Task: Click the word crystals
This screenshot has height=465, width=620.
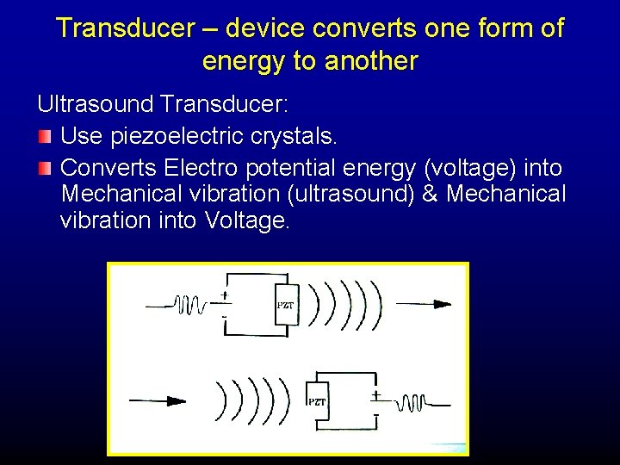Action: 301,136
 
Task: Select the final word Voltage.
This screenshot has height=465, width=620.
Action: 250,221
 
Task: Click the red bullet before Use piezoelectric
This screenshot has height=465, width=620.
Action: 45,137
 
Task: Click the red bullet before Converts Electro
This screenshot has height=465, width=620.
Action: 45,167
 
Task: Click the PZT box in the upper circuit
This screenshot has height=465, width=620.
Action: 285,305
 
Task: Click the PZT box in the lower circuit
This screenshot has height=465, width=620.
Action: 318,402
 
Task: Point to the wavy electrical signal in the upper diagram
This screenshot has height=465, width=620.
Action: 189,305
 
